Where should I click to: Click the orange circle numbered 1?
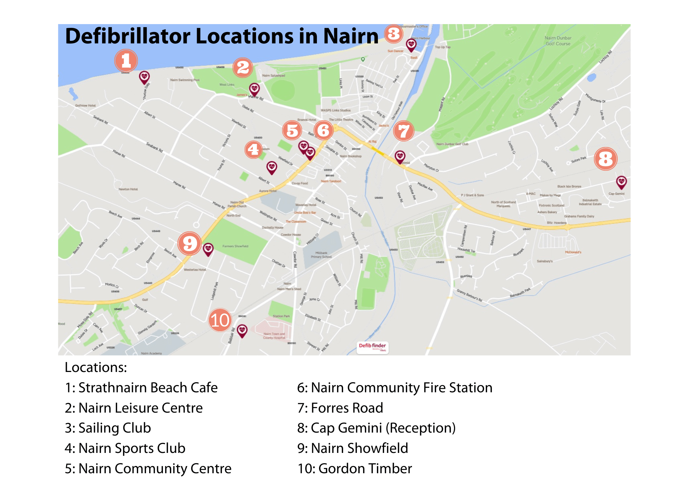point(126,61)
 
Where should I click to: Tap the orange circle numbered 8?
point(606,159)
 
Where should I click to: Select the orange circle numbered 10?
point(220,320)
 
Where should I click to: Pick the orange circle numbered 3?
point(394,34)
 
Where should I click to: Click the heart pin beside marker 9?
point(208,249)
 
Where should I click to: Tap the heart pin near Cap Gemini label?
point(621,182)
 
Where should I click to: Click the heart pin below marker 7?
point(400,157)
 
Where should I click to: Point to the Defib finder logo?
point(372,346)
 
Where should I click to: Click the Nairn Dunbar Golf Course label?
point(558,41)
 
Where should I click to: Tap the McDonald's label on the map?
point(573,252)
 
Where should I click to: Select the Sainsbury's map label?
point(544,261)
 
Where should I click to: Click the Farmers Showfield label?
point(235,246)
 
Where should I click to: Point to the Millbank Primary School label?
point(321,255)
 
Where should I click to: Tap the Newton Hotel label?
point(128,189)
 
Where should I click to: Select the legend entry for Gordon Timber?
point(354,468)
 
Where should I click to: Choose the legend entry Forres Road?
point(340,408)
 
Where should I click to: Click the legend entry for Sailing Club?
point(108,428)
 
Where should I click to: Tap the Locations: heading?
point(96,367)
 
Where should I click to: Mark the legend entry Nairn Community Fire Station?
point(394,388)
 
